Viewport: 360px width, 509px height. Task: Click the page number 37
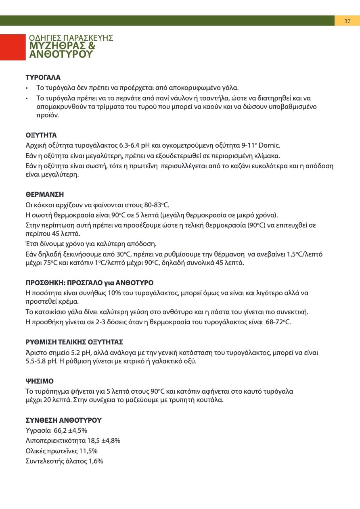[347, 21]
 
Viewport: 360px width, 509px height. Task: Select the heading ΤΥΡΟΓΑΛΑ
[43, 77]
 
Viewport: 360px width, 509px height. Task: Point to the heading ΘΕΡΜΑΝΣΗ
[45, 194]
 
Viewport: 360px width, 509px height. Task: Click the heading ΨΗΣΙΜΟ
[40, 381]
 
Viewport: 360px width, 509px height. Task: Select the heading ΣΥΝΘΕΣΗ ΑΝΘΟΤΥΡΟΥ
[63, 420]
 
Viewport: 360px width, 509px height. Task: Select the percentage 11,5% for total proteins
[89, 451]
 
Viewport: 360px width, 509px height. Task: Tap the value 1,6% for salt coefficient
[96, 461]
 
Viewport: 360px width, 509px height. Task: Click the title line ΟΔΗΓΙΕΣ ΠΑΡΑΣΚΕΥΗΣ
[71, 38]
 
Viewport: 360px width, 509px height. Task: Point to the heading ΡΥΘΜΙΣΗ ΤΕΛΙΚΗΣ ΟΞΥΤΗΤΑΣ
[74, 342]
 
